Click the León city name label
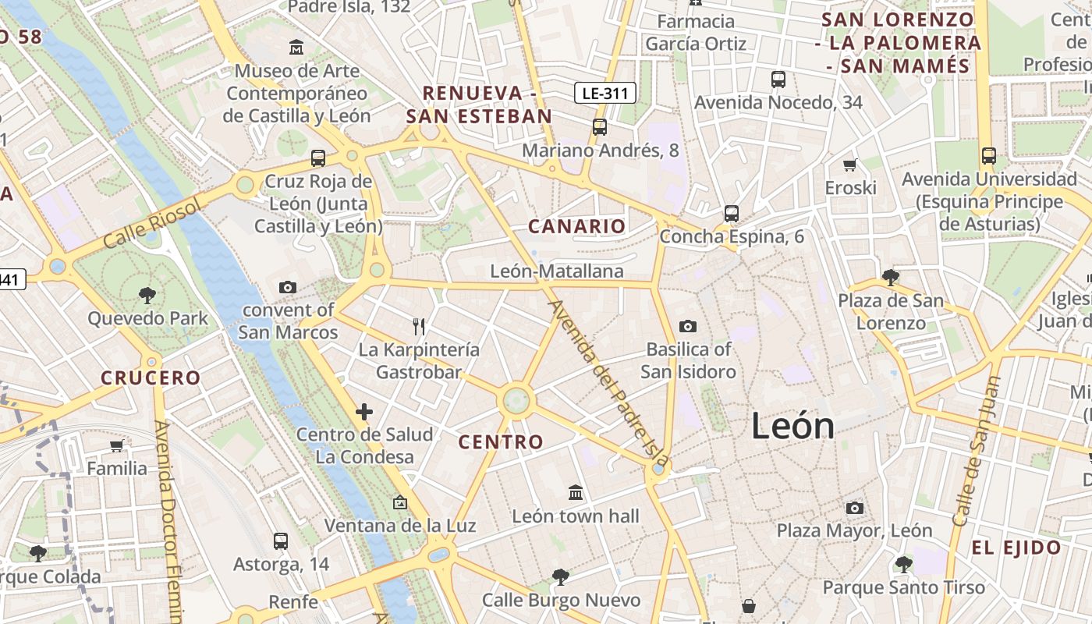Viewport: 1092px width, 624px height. coord(793,426)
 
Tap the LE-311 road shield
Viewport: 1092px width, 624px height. coord(605,94)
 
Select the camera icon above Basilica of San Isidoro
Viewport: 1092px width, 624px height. coord(687,326)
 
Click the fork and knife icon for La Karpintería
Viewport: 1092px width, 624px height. coord(420,326)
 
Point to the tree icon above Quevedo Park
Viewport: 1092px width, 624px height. coord(147,295)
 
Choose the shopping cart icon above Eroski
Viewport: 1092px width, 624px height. coord(850,165)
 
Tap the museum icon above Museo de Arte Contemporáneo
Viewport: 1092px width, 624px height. coord(296,48)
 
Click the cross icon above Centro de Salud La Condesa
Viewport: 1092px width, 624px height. coord(364,412)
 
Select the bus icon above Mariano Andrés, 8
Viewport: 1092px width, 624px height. coord(600,127)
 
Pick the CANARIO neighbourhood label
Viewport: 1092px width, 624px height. coord(577,226)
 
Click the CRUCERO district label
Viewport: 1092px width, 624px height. coord(151,378)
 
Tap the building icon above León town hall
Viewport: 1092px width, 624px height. coord(576,493)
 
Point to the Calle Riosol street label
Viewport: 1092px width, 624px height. coord(151,223)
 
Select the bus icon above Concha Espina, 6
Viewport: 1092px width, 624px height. coord(731,213)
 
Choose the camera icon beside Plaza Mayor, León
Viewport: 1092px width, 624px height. coord(855,509)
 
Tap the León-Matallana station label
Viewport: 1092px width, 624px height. coord(557,271)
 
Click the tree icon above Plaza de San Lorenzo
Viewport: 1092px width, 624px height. coord(890,277)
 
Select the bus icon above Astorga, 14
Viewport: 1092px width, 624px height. coord(281,541)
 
